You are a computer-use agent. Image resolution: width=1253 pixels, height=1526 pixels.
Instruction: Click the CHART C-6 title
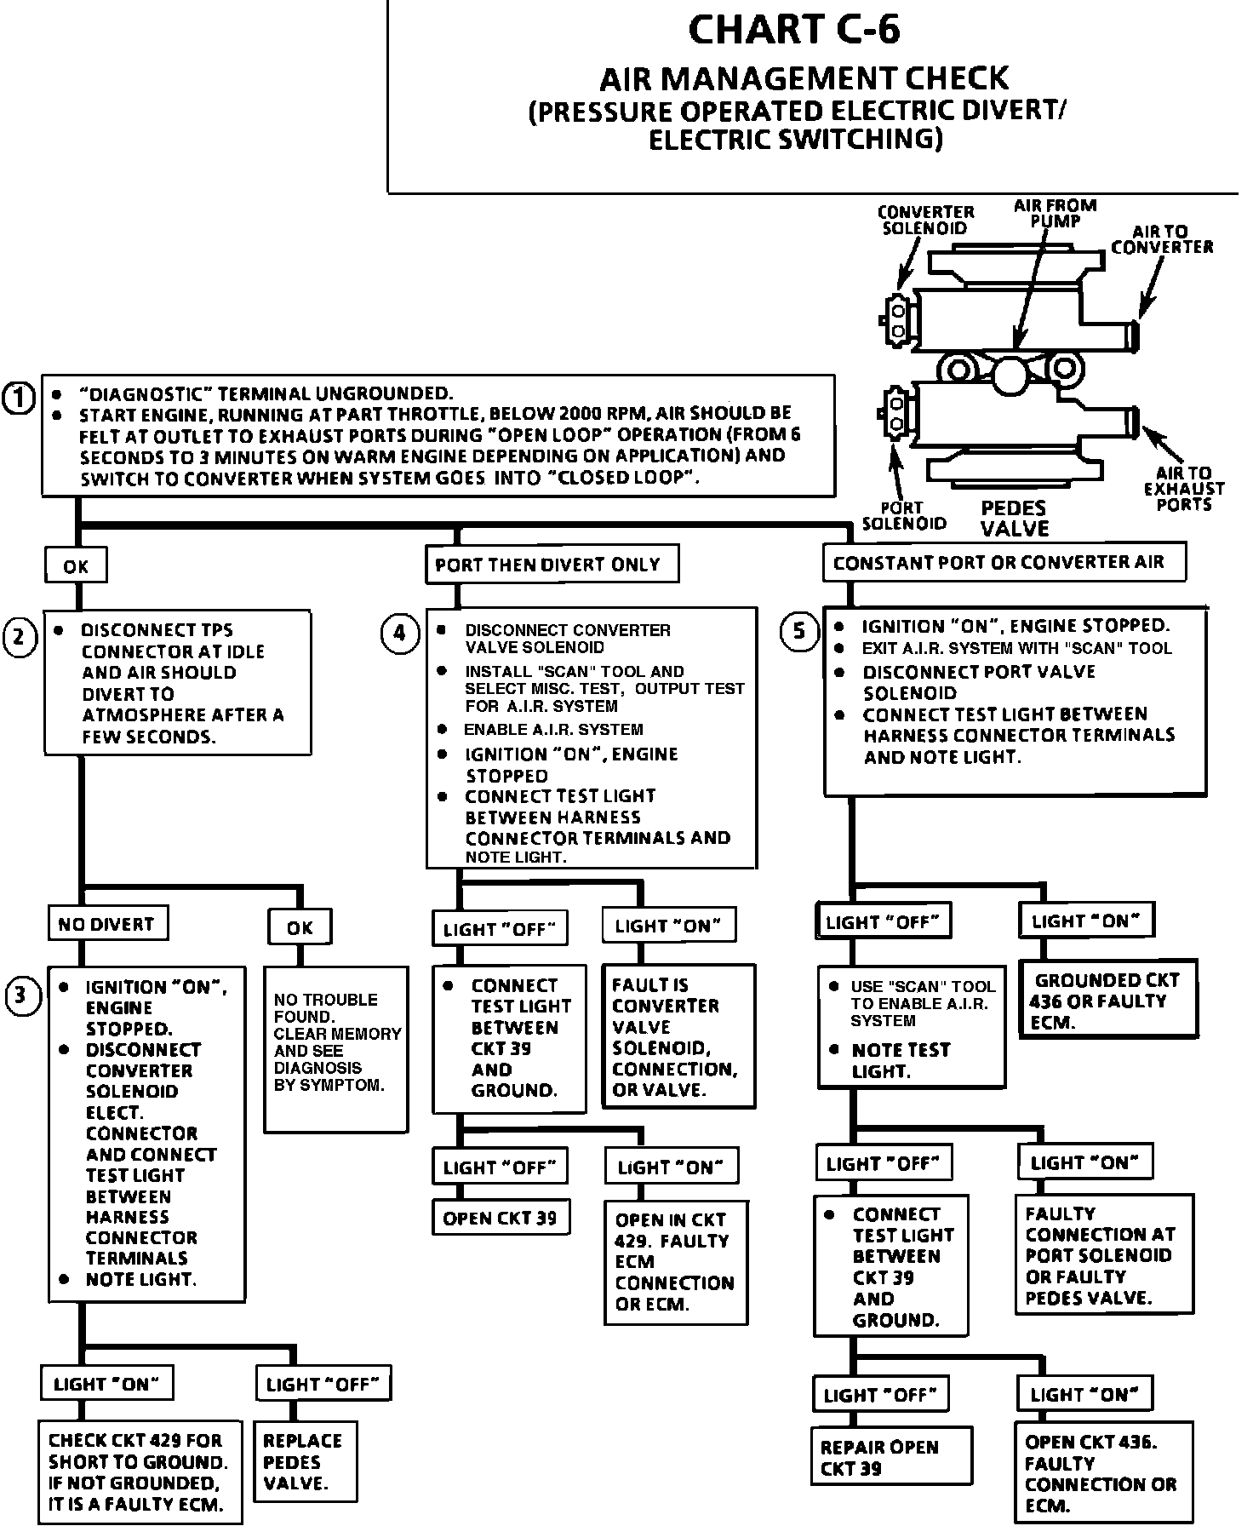coord(793,31)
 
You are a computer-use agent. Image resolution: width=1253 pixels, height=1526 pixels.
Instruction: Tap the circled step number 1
coord(19,398)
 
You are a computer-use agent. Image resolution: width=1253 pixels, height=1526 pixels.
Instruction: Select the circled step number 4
coord(399,634)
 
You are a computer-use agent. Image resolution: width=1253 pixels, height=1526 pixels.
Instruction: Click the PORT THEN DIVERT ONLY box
coord(551,565)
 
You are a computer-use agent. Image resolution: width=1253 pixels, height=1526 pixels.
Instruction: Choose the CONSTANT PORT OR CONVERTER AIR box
coord(1004,563)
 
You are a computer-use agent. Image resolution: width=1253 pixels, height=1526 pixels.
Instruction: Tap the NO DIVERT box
coord(106,924)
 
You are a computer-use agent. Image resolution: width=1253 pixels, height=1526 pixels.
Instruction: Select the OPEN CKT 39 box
coord(500,1219)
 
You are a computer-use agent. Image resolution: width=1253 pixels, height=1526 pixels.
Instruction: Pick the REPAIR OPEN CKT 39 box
coord(890,1458)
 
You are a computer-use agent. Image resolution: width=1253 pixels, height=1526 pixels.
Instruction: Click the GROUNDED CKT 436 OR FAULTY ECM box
coord(1106,1000)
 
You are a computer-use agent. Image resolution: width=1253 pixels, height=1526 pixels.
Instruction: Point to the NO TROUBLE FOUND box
coord(335,1047)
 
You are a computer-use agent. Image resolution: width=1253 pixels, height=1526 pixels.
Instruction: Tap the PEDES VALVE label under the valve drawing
coord(1014,519)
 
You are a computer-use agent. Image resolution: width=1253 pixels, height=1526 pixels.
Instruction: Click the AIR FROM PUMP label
coord(1055,213)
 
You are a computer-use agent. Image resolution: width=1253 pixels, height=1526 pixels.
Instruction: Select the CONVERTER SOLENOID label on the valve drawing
coord(925,220)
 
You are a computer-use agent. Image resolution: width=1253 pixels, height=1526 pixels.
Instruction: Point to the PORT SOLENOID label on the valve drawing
coord(903,515)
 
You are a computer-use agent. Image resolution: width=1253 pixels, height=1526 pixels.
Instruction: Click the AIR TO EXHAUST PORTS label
coord(1183,488)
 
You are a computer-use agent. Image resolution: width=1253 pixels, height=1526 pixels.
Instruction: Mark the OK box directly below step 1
coord(76,566)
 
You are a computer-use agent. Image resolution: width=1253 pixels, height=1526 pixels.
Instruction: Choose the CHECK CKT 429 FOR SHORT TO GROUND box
coord(140,1471)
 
